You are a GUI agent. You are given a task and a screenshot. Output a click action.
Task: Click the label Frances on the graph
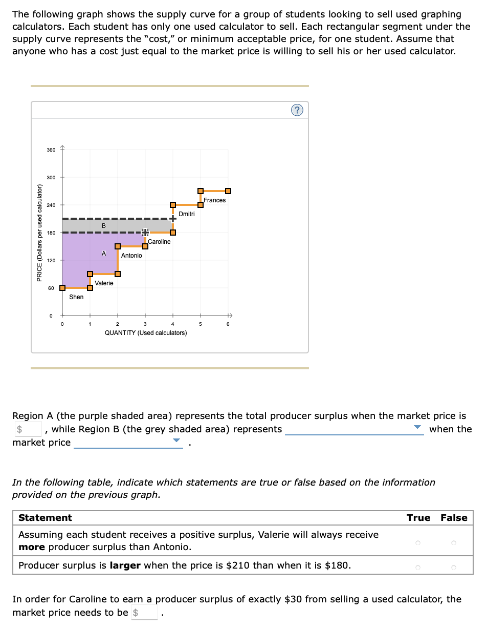coord(214,200)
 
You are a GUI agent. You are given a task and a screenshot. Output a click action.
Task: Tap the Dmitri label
coord(187,214)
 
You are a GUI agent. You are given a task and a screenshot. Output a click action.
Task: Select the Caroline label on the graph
coord(159,242)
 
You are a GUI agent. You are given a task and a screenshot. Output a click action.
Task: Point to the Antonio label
coord(131,256)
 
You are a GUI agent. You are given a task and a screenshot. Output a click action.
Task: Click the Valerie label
coord(104,283)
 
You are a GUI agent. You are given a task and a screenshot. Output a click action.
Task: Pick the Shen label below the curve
coord(76,297)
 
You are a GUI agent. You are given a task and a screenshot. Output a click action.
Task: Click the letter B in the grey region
coord(104,226)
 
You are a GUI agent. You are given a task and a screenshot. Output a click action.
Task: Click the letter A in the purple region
coord(104,254)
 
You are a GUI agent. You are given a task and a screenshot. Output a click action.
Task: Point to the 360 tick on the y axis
coord(51,150)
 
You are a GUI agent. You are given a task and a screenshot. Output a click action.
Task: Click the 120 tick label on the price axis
coord(51,261)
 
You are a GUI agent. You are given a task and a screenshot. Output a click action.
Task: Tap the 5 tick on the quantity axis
coord(201,324)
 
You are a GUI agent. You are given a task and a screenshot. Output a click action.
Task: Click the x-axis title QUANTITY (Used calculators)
coord(146,333)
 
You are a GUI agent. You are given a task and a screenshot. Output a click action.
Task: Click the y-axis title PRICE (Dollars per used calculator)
coord(39,232)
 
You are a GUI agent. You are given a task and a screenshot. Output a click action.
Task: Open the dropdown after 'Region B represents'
coord(354,429)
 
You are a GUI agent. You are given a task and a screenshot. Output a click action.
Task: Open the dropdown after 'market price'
coord(128,443)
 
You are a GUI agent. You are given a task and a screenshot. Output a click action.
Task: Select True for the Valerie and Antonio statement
coord(418,541)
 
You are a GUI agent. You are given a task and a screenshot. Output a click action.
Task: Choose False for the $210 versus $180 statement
coord(454,567)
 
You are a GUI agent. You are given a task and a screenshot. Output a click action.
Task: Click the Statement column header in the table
coord(45,518)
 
